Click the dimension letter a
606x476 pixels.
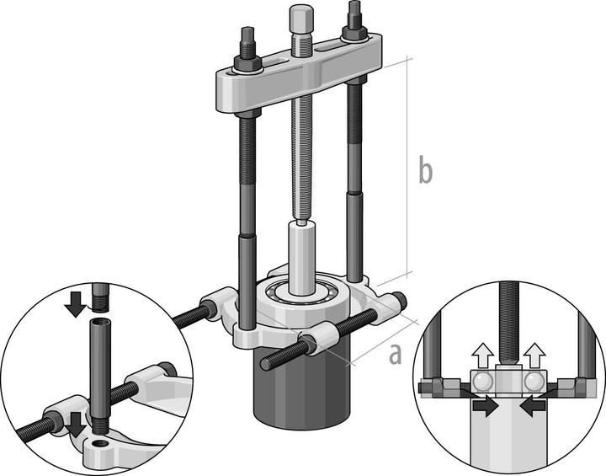point(395,355)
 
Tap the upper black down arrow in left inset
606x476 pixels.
point(76,304)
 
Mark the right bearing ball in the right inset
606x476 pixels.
point(534,381)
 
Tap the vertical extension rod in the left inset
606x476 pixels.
point(100,371)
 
